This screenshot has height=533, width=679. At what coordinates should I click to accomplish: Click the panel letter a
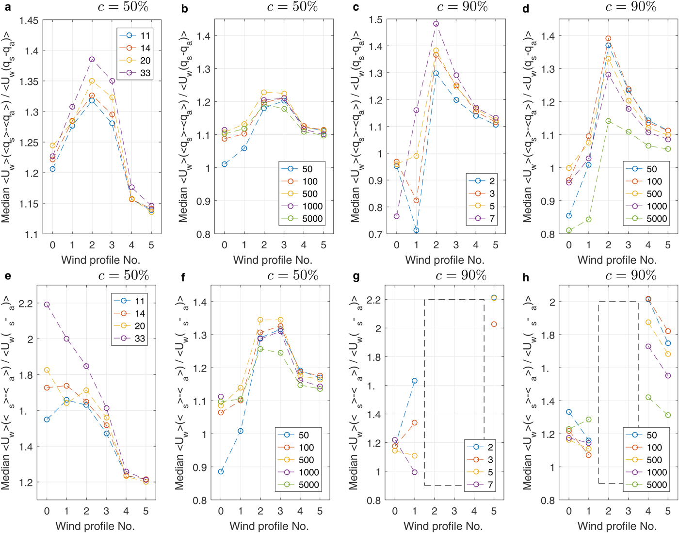click(7, 8)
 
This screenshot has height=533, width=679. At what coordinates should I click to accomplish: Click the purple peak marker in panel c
click(436, 24)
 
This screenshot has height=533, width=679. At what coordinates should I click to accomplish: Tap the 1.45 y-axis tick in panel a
click(29, 20)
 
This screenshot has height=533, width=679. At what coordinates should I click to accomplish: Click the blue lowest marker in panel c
click(416, 230)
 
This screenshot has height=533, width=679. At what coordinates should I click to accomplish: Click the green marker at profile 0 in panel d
click(569, 231)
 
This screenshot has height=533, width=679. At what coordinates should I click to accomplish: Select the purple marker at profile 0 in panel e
click(47, 305)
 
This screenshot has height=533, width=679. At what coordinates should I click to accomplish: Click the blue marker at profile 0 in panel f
click(221, 471)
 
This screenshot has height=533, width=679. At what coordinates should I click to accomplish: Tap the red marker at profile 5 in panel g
click(494, 324)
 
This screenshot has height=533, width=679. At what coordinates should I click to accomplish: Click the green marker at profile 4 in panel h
click(648, 397)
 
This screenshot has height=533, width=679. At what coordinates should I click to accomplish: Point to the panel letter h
click(526, 278)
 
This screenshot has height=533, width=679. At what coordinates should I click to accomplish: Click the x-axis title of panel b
click(273, 260)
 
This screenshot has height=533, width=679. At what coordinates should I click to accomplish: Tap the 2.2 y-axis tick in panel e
click(27, 304)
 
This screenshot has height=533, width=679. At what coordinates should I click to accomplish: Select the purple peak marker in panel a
click(92, 60)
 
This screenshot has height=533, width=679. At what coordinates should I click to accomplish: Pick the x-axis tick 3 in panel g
click(454, 511)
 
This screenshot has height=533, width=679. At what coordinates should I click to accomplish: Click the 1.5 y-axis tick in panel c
click(376, 20)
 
